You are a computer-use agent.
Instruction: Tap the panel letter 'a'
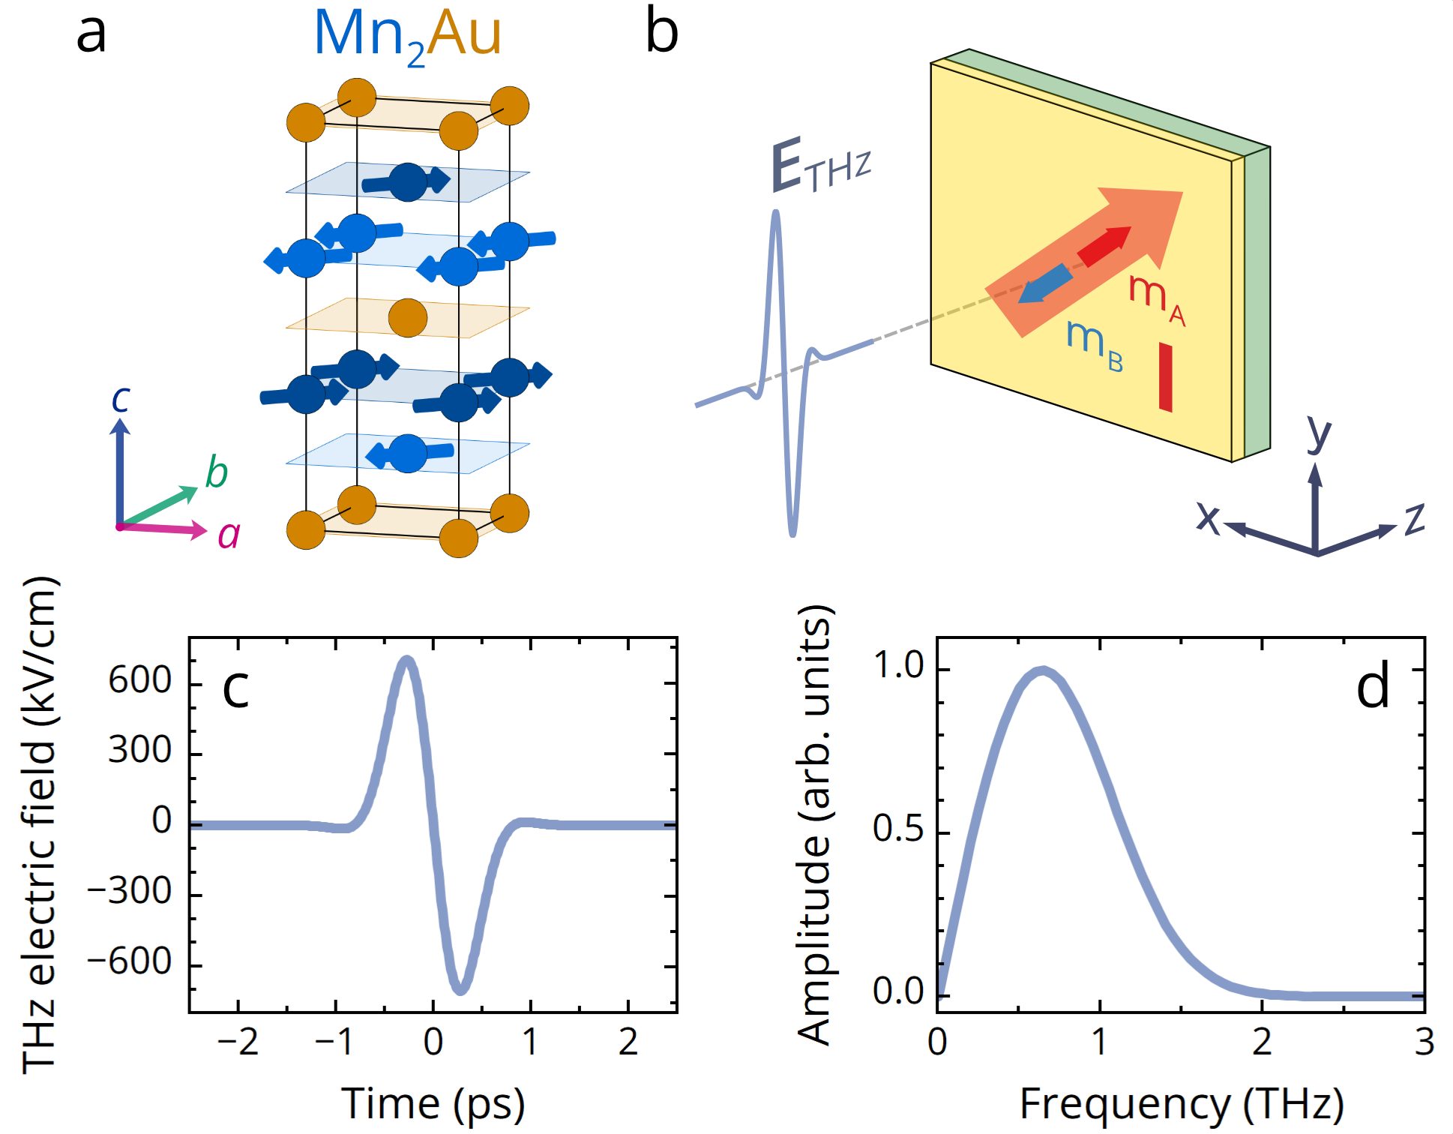(91, 34)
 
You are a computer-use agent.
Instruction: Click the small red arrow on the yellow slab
(1104, 246)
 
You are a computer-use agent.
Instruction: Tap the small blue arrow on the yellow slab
(1045, 283)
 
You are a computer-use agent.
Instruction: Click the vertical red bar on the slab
(1165, 376)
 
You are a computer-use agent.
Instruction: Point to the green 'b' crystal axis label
(216, 472)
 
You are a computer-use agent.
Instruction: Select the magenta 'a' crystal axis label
(229, 535)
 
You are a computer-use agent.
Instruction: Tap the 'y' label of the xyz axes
(1319, 433)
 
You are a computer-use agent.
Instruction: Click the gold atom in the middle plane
(408, 317)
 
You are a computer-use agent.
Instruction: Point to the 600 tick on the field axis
(140, 681)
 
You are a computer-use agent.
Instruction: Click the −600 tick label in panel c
(130, 961)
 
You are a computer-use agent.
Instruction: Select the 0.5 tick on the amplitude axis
(898, 829)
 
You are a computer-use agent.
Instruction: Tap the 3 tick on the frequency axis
(1424, 1042)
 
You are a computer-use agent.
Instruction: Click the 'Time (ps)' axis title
(433, 1104)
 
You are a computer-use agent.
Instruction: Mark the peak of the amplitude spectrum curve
(1042, 670)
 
